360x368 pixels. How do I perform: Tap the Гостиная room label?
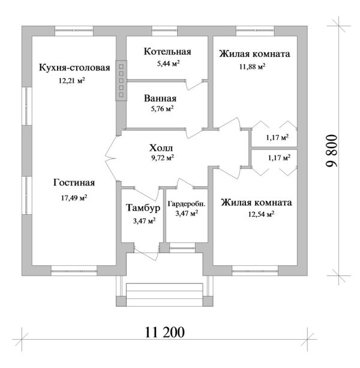pos(74,183)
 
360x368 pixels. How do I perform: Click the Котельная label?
pos(167,51)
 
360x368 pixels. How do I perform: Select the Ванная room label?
pos(160,98)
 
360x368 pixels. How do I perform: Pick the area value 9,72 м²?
pos(162,158)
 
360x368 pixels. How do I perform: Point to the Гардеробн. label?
pos(186,204)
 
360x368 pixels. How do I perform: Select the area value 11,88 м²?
pos(252,67)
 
